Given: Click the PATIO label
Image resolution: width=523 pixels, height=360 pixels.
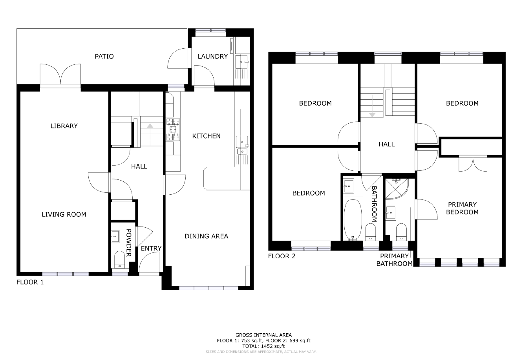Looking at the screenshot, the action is click(x=104, y=57).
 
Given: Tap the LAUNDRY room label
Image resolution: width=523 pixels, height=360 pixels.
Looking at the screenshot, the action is click(x=213, y=57).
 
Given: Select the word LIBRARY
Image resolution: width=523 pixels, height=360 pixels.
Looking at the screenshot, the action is click(x=64, y=126).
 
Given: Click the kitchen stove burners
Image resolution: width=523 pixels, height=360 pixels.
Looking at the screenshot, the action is click(x=173, y=129).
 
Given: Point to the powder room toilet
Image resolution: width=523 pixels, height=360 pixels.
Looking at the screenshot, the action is click(x=119, y=259).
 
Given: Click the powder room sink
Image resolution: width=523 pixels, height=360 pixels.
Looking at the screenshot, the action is click(x=115, y=236).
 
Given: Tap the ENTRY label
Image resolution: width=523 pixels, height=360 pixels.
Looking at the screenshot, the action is click(x=151, y=249).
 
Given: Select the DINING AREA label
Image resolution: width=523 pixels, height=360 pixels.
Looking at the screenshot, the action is click(x=207, y=236).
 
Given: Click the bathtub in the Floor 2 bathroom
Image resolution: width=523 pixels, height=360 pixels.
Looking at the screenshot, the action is click(x=353, y=220).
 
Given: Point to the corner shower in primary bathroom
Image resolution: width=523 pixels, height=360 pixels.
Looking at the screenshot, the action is click(x=397, y=189).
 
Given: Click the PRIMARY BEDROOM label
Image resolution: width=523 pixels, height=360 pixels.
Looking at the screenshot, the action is click(x=462, y=208).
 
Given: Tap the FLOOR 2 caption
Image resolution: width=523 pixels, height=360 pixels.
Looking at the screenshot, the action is click(x=282, y=256).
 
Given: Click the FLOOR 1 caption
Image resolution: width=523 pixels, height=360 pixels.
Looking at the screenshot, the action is click(x=30, y=282).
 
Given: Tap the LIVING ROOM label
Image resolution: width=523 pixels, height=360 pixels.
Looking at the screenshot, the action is click(x=64, y=215).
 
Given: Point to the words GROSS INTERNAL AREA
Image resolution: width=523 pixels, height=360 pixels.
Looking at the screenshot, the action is click(x=263, y=335).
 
